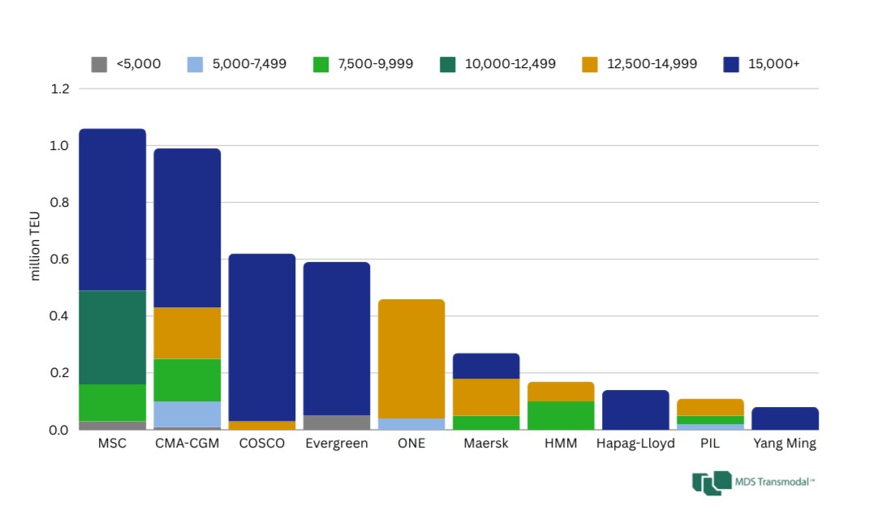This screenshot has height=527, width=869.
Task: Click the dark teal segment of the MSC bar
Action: click(x=112, y=337)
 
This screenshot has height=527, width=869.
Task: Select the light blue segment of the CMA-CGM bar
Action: click(x=187, y=413)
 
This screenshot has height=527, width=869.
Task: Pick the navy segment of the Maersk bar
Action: click(x=486, y=366)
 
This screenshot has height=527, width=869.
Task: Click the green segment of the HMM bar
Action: click(x=561, y=415)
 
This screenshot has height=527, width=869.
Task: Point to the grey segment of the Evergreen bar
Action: click(x=336, y=422)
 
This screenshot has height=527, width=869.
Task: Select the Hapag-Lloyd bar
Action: click(x=635, y=409)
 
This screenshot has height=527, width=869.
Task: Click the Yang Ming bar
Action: click(x=785, y=418)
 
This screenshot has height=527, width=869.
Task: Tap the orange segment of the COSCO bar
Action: click(x=261, y=425)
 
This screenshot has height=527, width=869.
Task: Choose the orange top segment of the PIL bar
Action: click(x=710, y=407)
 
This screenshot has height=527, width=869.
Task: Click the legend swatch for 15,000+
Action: click(x=731, y=64)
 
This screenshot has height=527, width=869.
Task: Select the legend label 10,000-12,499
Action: click(x=510, y=64)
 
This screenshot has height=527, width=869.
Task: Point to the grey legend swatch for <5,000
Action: click(x=99, y=64)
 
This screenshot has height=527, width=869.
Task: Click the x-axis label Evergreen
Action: click(x=336, y=443)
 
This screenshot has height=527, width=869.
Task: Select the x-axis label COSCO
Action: click(x=261, y=443)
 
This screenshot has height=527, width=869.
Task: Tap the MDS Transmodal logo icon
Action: click(x=712, y=482)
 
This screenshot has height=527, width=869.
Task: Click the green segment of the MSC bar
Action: click(x=112, y=402)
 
